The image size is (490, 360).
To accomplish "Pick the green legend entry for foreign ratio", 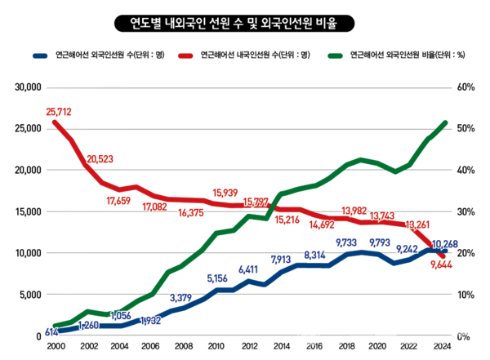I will (x=401, y=56).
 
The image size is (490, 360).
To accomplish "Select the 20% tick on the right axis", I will (x=465, y=253).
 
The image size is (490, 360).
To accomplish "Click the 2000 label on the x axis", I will (x=55, y=346).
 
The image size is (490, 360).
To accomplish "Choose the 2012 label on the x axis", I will (x=250, y=346).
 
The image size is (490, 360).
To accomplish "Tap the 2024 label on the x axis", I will (x=443, y=346).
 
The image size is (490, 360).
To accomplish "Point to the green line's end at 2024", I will (x=445, y=122).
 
